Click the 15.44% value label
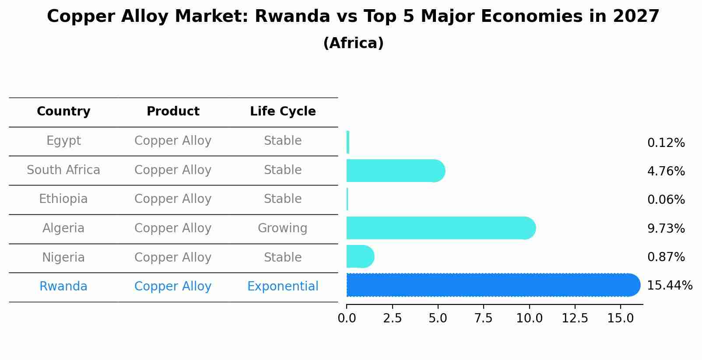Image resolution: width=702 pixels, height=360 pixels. [669, 286]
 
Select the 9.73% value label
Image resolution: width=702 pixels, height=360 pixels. [666, 228]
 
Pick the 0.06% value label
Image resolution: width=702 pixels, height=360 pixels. [666, 200]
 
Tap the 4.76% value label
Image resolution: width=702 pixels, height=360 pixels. [666, 171]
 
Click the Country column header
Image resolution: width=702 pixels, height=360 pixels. [63, 112]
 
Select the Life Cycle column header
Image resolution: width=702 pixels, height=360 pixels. [283, 112]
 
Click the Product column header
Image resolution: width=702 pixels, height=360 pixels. [173, 112]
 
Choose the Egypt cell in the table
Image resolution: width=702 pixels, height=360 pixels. [63, 141]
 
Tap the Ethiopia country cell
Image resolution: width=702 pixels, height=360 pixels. [63, 199]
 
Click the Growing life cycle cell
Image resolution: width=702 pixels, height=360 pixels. [282, 228]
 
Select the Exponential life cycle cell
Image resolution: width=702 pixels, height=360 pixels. [283, 287]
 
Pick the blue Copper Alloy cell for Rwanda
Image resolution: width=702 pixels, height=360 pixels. [173, 287]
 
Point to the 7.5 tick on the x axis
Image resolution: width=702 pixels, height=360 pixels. [484, 318]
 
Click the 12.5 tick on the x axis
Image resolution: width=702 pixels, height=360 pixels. [575, 318]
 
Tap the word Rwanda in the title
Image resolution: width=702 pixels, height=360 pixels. [292, 17]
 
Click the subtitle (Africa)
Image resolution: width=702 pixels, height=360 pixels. [353, 43]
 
